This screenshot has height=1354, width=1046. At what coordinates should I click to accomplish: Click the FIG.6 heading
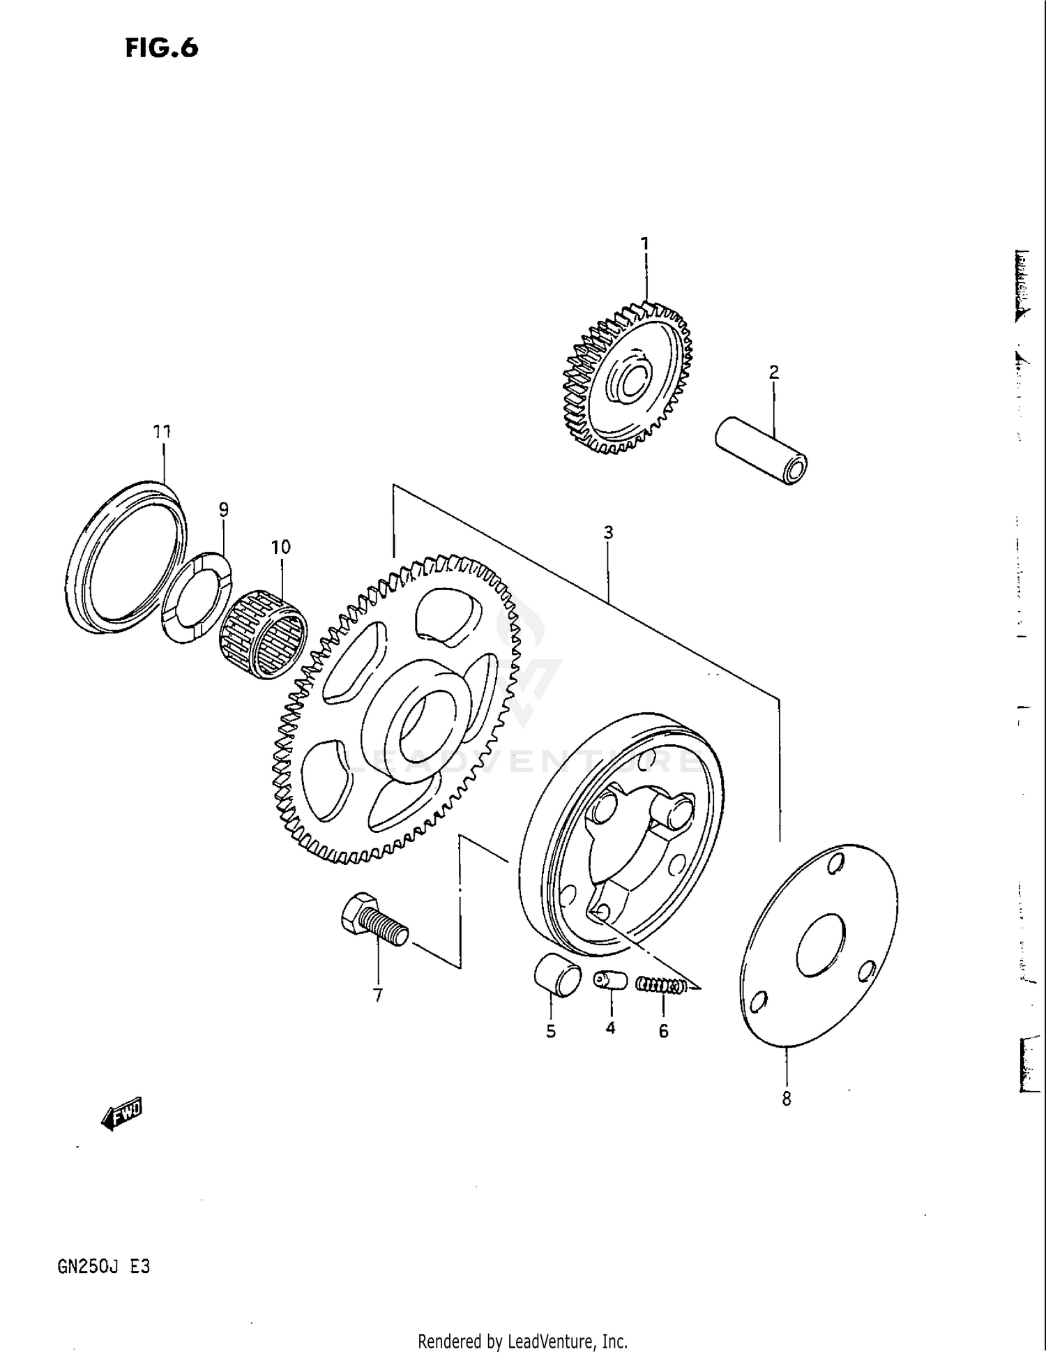click(162, 47)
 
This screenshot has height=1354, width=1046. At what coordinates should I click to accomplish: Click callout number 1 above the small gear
click(645, 243)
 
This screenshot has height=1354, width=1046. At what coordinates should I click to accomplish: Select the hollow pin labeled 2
click(761, 451)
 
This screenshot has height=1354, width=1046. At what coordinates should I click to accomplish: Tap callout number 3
click(608, 533)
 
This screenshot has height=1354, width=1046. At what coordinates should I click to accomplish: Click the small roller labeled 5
click(557, 972)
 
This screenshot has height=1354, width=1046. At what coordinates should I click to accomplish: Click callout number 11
click(162, 432)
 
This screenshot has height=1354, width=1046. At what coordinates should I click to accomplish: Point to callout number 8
click(787, 1099)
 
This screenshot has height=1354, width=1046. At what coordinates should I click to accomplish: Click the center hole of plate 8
click(819, 945)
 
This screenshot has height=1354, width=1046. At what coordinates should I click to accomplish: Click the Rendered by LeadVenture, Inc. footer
click(522, 1341)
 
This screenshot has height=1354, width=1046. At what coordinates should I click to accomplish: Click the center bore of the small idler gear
click(630, 379)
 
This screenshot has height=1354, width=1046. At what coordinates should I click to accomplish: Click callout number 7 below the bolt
click(378, 995)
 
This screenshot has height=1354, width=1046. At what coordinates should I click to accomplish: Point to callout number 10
click(280, 547)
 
